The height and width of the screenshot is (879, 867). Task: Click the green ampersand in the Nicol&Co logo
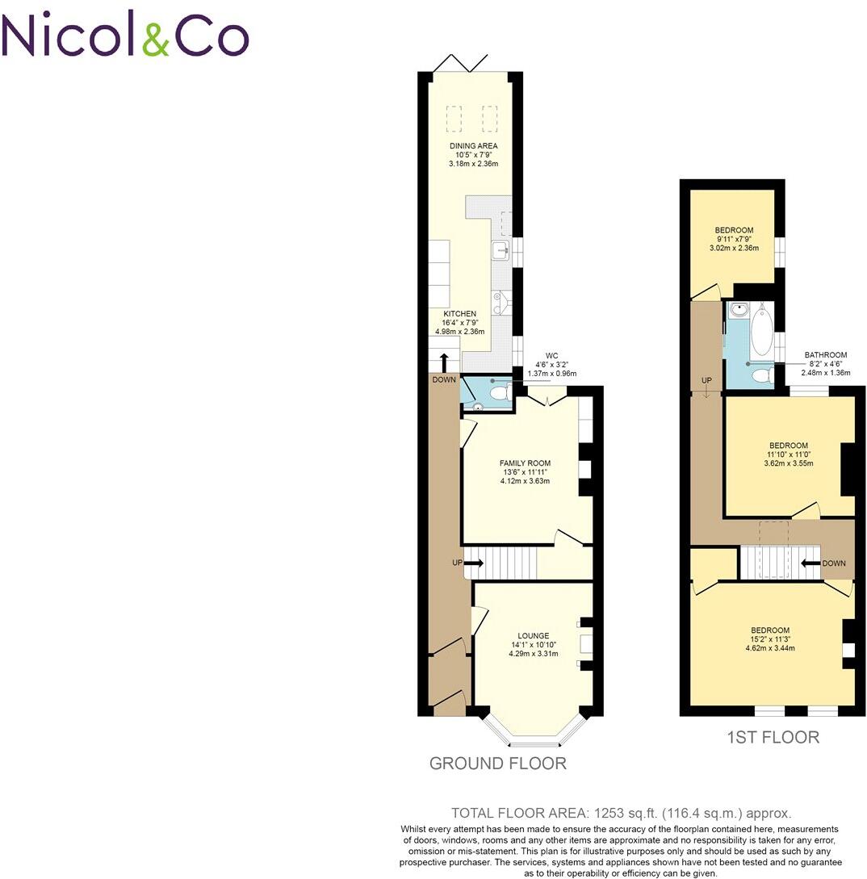157,36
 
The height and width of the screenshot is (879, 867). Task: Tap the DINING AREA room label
474,146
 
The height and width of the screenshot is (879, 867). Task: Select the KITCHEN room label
459,313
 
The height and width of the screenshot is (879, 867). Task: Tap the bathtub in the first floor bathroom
761,331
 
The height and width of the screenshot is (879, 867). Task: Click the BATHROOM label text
825,355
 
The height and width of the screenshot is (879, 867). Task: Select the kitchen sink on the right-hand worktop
500,249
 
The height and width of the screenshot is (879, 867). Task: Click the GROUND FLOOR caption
497,764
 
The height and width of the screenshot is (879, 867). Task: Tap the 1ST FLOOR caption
773,737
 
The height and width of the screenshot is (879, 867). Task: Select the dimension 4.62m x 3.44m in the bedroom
769,648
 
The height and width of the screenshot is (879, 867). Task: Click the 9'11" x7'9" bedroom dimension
734,239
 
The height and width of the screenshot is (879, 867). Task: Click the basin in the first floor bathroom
739,308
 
